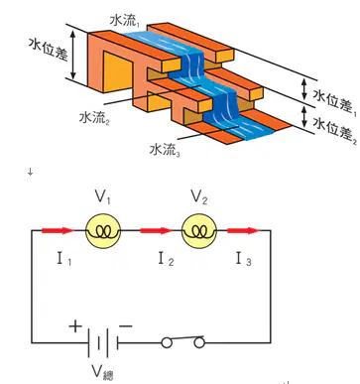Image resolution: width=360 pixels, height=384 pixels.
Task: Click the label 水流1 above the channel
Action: [125, 21]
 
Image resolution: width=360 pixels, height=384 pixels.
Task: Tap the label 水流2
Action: [94, 117]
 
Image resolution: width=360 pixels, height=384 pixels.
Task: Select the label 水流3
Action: [165, 150]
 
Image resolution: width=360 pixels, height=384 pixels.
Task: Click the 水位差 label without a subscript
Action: [49, 49]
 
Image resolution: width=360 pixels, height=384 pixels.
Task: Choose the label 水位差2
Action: [334, 131]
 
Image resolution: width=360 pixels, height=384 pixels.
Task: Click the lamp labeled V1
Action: [103, 231]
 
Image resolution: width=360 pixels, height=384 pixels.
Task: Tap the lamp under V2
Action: [199, 231]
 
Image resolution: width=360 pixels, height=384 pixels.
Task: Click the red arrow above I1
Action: [58, 230]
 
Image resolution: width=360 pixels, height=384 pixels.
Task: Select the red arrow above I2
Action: [157, 230]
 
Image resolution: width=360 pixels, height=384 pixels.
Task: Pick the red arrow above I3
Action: [243, 230]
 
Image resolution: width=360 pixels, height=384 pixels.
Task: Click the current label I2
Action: [166, 259]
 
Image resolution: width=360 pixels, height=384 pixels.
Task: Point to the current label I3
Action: [244, 259]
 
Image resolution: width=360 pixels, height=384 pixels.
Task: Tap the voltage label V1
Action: [103, 197]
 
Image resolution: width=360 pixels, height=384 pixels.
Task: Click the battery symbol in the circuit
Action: [102, 342]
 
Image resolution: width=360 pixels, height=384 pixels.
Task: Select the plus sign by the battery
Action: [75, 326]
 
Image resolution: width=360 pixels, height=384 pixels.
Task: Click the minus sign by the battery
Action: [126, 326]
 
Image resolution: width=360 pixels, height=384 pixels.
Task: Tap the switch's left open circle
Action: [167, 343]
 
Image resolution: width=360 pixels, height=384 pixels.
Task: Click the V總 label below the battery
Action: [102, 372]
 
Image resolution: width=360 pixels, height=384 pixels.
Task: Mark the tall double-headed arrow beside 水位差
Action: [74, 55]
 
